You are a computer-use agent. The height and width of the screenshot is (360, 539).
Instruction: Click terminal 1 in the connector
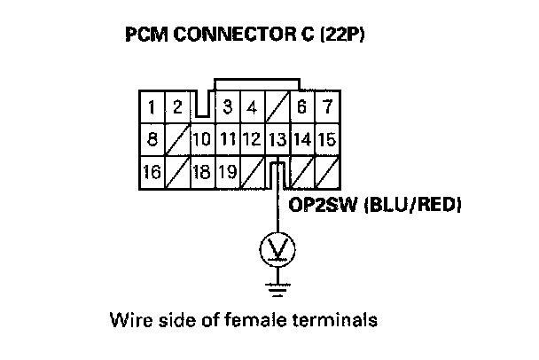152,108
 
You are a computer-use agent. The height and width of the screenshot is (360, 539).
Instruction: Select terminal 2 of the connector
177,108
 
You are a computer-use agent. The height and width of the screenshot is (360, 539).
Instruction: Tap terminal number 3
228,108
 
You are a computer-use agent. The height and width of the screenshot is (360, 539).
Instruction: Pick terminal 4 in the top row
252,108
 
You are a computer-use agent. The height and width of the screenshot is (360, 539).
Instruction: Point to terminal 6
302,108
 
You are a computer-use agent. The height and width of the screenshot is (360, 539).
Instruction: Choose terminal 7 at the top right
327,108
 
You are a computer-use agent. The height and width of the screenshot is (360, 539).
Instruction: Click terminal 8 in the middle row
152,139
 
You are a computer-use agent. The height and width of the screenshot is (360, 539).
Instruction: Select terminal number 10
202,139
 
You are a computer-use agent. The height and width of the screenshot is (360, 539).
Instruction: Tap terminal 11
227,139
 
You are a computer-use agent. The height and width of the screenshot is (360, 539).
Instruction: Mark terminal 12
252,139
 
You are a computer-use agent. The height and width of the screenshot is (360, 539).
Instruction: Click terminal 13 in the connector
277,139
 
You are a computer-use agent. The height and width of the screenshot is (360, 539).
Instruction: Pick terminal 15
327,139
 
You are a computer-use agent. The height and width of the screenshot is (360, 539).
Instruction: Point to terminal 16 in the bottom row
152,170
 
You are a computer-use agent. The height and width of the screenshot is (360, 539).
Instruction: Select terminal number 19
227,170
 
